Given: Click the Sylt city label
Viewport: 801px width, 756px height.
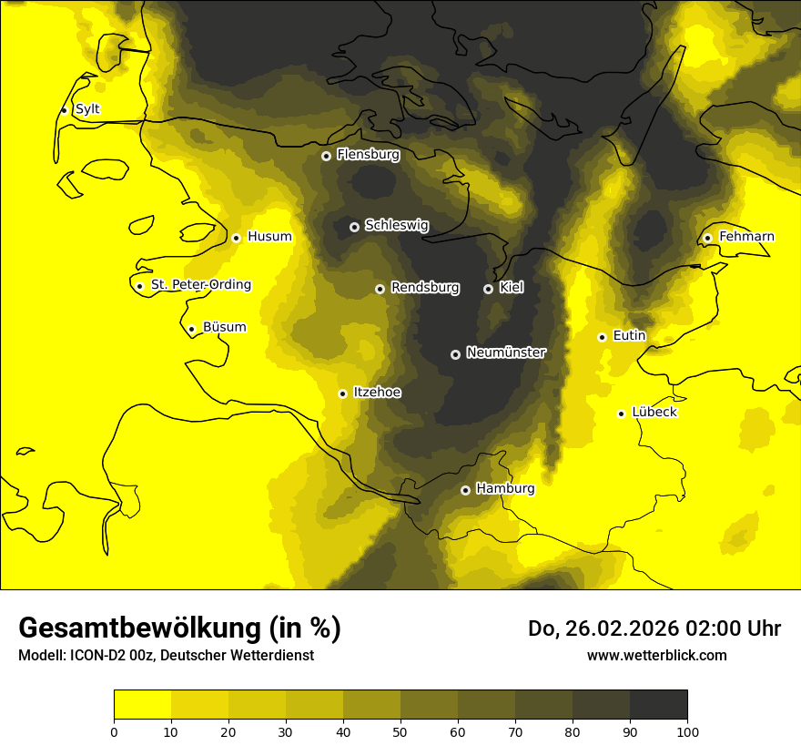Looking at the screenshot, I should [x=87, y=109].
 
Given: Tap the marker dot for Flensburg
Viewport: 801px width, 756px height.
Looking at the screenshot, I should [x=326, y=156].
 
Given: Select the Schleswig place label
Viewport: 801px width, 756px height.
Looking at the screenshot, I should [x=396, y=225].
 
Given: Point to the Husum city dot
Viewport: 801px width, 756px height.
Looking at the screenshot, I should [x=236, y=238].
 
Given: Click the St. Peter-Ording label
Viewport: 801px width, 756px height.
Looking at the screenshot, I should [x=200, y=285].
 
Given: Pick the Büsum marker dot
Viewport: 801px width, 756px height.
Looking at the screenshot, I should [x=191, y=329].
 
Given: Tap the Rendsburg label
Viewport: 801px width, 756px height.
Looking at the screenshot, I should [x=424, y=288].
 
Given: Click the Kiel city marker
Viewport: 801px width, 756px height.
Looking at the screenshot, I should [x=488, y=289].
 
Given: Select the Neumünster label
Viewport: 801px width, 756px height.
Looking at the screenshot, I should [x=505, y=352].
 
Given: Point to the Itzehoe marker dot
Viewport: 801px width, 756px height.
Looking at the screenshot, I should [x=342, y=393].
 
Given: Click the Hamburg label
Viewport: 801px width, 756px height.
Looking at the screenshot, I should [x=505, y=488].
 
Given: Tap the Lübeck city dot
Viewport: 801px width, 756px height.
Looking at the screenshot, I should [x=621, y=414].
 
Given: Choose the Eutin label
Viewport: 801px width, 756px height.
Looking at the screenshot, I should [x=629, y=336].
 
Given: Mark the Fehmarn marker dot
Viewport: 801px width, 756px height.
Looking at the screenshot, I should [x=707, y=238].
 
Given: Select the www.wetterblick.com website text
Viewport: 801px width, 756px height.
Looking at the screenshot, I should [x=656, y=655].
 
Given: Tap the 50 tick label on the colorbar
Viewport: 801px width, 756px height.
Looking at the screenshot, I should [x=400, y=731].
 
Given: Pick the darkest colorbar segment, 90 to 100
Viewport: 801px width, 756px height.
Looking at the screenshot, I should [x=658, y=705].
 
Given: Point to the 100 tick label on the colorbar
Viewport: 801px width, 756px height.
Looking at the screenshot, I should [x=687, y=731].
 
